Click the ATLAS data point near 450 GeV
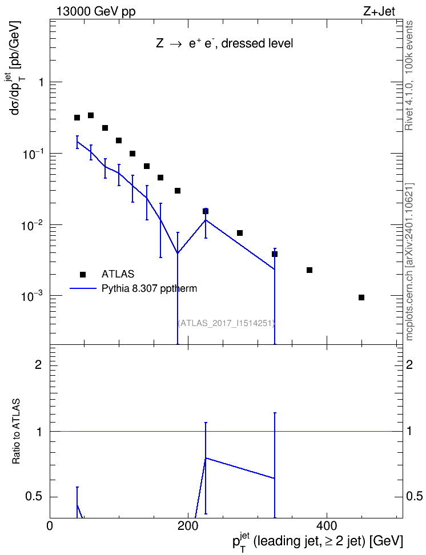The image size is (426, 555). [x=361, y=297]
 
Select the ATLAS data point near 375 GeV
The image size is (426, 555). [x=310, y=270]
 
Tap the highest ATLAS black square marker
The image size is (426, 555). [x=91, y=115]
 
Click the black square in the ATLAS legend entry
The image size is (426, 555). [x=83, y=274]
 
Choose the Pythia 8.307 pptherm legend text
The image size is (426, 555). [x=149, y=288]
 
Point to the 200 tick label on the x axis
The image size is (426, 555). [x=188, y=526]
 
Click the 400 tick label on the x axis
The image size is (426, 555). [x=326, y=526]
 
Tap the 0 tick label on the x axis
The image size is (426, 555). [x=50, y=526]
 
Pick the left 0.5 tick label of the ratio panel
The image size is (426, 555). [x=34, y=497]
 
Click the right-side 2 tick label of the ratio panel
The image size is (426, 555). [x=409, y=364]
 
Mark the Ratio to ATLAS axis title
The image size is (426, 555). [x=16, y=431]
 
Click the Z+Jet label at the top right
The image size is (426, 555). [x=379, y=11]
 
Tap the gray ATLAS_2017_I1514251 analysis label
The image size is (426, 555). [x=227, y=323]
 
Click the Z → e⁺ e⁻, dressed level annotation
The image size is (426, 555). [x=224, y=43]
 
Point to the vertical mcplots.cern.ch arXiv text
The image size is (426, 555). [x=409, y=262]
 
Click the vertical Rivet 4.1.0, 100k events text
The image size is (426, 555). [x=409, y=75]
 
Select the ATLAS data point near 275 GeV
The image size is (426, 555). [x=240, y=233]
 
